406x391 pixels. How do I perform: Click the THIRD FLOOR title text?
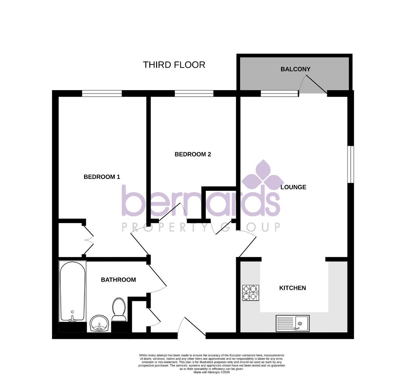[174, 65]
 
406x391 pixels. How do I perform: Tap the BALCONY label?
[295, 69]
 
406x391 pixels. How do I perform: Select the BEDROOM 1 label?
[101, 177]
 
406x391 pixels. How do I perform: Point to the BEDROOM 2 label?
[193, 154]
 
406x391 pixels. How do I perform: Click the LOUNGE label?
[293, 187]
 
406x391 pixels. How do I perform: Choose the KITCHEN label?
[293, 288]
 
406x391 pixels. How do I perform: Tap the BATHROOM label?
[118, 279]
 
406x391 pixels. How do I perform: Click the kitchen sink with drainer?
[293, 323]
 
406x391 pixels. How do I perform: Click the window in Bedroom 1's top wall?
[102, 93]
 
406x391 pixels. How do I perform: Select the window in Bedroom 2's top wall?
[194, 93]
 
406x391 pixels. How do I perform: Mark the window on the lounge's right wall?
[350, 164]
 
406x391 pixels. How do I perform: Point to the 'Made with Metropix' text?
[211, 372]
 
